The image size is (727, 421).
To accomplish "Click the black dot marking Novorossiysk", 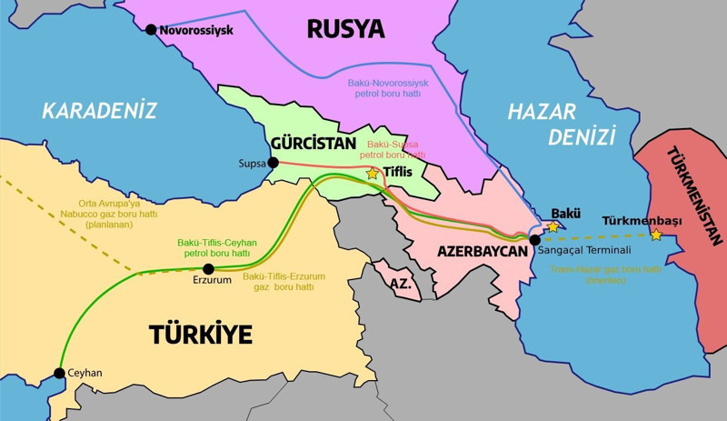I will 151,30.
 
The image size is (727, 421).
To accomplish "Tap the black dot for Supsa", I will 274,163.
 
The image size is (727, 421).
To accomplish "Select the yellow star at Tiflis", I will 373,173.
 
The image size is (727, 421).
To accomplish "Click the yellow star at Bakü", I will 552,226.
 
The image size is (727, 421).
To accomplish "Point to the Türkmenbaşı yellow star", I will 656,235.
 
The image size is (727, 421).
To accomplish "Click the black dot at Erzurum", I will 208,268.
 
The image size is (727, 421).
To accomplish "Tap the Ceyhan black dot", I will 59,373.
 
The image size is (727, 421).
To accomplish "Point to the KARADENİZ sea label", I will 99,111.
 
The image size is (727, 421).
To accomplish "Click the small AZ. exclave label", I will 401,285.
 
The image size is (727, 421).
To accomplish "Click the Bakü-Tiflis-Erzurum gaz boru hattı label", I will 284,281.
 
